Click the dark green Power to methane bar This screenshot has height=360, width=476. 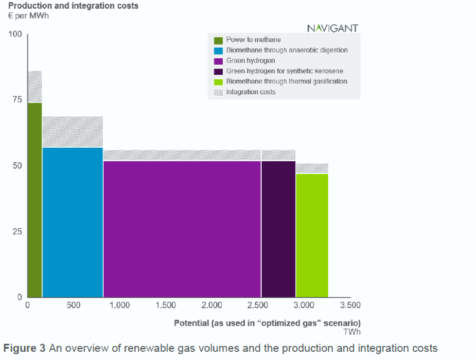[x=35, y=199]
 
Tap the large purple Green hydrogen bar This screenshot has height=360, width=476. [x=182, y=228]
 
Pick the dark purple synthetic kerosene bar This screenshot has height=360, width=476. [x=278, y=228]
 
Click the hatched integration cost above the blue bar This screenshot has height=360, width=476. [x=72, y=132]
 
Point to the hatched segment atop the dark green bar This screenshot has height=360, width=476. [x=35, y=86]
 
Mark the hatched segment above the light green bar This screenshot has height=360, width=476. [x=312, y=168]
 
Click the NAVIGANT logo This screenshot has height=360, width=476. [x=333, y=28]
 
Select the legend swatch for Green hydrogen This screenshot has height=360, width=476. [x=218, y=61]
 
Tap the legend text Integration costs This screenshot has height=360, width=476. [x=251, y=92]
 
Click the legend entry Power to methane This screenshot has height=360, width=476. [x=253, y=40]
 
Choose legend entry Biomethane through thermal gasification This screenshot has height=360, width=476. [x=286, y=82]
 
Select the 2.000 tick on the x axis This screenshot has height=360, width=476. [x=212, y=305]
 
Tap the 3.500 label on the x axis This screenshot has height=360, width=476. [x=350, y=305]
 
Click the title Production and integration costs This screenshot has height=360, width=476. [x=73, y=6]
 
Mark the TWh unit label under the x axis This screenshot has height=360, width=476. [x=352, y=332]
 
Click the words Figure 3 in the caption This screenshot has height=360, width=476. [x=25, y=348]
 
